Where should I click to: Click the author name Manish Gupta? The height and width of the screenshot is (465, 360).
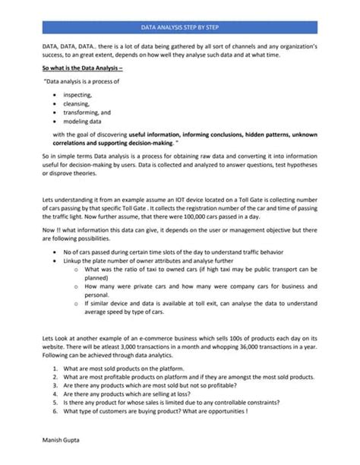pos(54,439)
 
